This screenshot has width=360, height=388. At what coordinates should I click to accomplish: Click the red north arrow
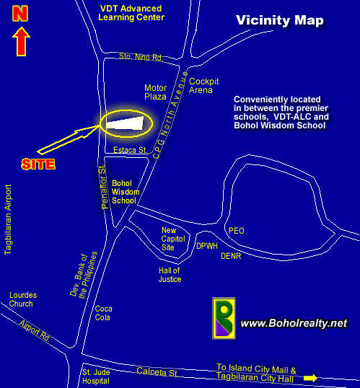click(22, 42)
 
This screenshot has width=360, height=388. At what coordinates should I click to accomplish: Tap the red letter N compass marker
click(20, 14)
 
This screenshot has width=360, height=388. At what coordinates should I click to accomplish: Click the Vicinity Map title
click(280, 20)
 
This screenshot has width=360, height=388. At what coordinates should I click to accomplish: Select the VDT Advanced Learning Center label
click(131, 13)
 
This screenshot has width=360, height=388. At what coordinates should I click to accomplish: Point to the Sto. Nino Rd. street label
click(141, 57)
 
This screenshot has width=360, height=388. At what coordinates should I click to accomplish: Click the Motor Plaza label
click(155, 92)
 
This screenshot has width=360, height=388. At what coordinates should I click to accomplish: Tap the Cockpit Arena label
click(203, 86)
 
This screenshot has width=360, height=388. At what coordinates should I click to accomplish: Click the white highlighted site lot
click(125, 123)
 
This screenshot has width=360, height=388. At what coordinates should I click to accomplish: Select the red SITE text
click(38, 164)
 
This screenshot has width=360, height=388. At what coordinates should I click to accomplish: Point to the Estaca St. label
click(131, 150)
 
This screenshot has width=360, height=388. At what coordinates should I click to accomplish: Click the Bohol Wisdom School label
click(126, 192)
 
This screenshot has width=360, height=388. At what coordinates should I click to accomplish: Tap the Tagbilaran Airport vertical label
click(8, 220)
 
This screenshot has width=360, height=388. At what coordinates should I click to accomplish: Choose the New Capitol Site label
click(173, 239)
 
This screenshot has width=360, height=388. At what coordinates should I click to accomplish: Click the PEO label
click(236, 231)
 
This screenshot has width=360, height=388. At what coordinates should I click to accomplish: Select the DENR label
click(231, 256)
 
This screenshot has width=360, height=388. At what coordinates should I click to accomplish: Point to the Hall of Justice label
click(170, 275)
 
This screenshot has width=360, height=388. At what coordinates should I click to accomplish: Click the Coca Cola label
click(103, 313)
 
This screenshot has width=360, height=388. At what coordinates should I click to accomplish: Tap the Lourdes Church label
click(23, 299)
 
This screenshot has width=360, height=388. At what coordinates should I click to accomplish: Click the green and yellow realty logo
click(224, 318)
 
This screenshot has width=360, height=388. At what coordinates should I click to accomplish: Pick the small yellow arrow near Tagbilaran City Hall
click(310, 378)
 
